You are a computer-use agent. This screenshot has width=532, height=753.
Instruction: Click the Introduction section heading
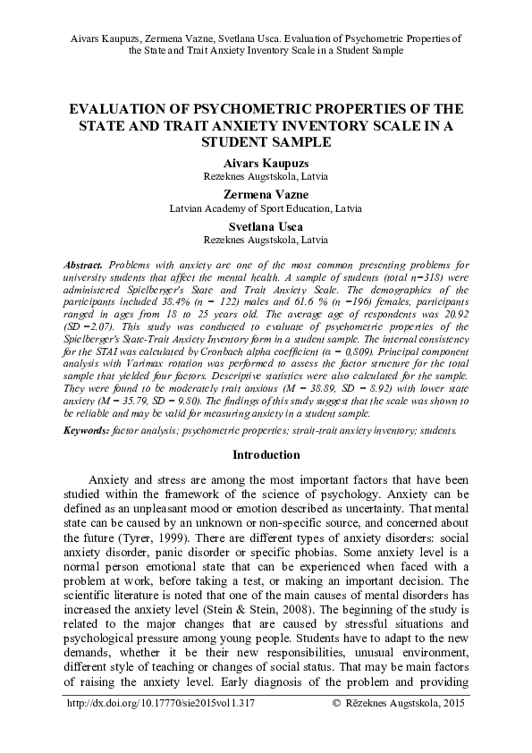tap(266, 454)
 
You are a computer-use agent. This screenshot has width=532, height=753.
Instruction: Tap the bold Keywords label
tap(87, 430)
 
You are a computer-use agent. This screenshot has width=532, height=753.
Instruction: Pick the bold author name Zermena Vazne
tap(266, 194)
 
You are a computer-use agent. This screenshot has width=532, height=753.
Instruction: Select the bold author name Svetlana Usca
tap(266, 227)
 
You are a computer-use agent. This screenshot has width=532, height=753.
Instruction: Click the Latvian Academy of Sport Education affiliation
tap(266, 207)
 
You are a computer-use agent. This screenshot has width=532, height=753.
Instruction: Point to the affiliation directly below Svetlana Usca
tap(266, 241)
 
